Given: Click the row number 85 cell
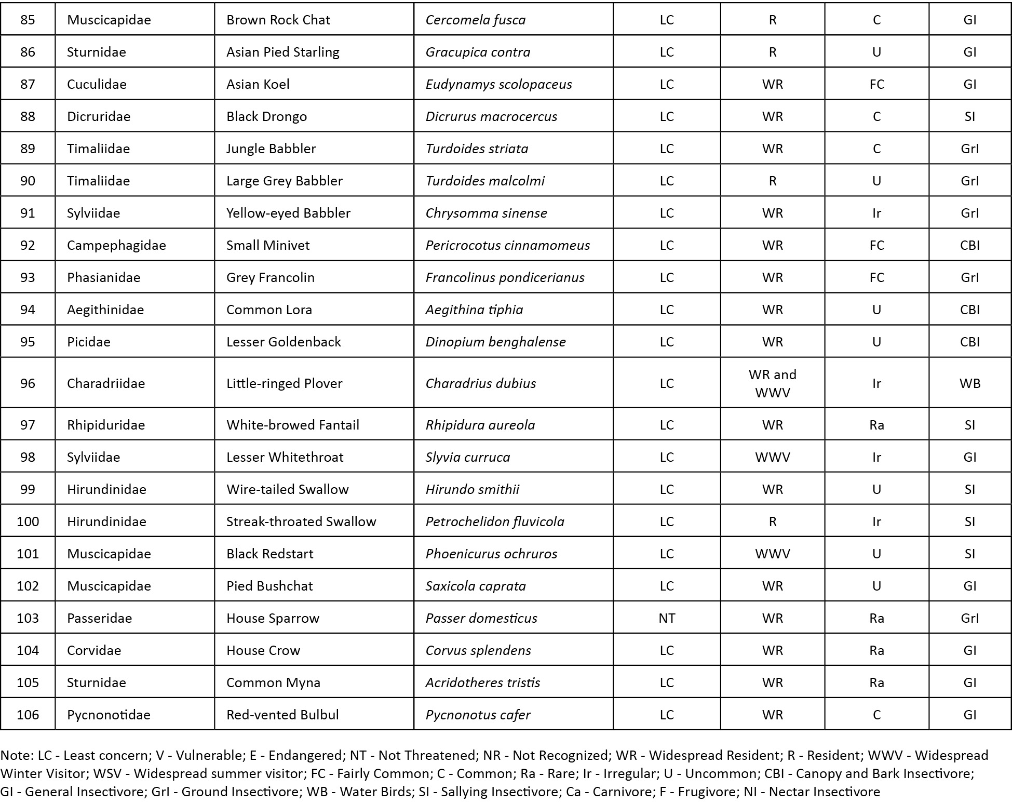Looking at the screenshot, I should coord(28,20).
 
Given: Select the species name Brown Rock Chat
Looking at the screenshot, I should coord(278,20).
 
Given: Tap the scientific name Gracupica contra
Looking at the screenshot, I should coord(478,52).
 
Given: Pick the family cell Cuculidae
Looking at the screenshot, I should coord(97,84).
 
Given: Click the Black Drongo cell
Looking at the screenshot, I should coord(266,116).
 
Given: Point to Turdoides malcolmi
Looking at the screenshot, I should coord(485,181).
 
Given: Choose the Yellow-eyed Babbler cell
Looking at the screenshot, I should coord(288,213).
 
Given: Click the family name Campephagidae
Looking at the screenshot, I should coord(116,245).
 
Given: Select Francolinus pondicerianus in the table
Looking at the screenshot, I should coord(505,277).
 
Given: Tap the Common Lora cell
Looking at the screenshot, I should coord(269,310).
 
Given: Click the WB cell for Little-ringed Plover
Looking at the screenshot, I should coord(969,383).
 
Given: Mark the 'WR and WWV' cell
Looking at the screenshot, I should coord(772,383).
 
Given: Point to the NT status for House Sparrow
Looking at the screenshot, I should coord(667,618).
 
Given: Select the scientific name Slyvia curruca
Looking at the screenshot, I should coord(467,457).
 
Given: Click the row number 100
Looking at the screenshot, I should coord(28,521).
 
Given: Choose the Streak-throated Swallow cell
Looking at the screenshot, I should coord(301,521).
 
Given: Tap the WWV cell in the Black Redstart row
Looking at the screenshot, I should coord(772,554).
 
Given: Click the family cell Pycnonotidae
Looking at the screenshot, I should coord(109,715).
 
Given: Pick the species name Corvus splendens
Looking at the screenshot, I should coord(478,650).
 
